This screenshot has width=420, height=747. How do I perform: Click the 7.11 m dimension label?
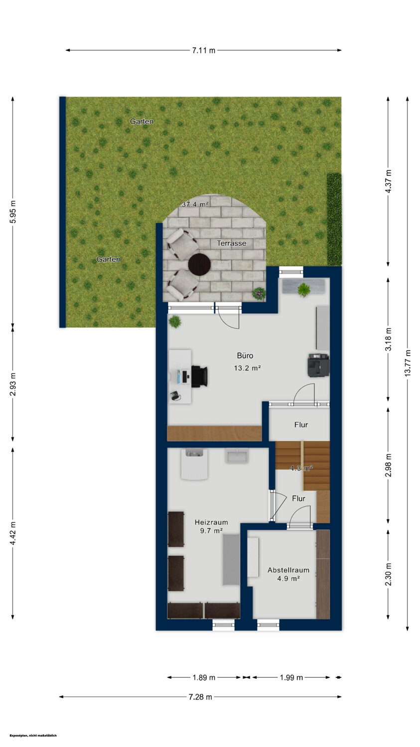coord(203,50)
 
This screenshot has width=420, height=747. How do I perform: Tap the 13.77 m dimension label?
coord(408,363)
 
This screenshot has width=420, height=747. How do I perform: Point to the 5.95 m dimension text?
coord(12,212)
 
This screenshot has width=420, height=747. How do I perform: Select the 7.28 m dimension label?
coord(200,697)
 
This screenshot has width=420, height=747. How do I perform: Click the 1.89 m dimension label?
coord(204,678)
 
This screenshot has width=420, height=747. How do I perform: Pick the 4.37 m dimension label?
coord(388,181)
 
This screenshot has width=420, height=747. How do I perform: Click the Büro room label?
coord(245,356)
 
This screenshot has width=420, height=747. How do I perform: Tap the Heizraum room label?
coord(212,522)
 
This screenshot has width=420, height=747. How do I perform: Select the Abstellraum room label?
coord(288,570)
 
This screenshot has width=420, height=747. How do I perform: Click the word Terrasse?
coord(232,243)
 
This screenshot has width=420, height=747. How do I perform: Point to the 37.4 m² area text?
coord(195,204)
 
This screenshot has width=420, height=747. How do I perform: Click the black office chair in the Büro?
coord(199,376)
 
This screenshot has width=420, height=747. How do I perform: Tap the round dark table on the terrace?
coord(199,264)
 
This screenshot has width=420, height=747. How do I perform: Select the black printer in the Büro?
coord(318,365)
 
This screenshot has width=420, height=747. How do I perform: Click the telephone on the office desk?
coord(175,396)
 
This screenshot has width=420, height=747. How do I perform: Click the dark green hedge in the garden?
coord(334,220)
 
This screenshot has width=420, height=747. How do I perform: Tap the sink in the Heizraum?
coord(238,456)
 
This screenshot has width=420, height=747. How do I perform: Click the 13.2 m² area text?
coord(247,368)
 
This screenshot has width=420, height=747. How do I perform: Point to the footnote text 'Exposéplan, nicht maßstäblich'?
coord(33,736)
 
